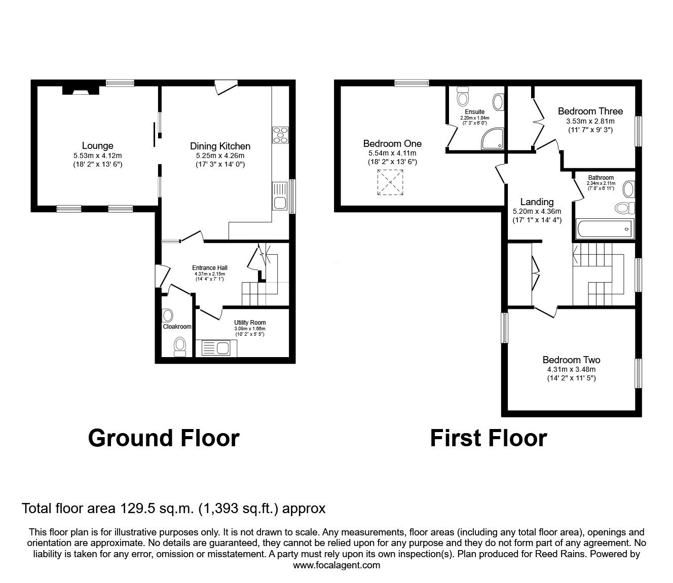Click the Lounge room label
click(x=97, y=146)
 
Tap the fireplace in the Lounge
click(x=80, y=90)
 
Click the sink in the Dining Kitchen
click(x=280, y=197)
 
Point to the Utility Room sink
click(x=216, y=348)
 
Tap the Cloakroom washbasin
click(x=168, y=315)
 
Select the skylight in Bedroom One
click(x=391, y=183)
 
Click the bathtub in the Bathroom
click(x=605, y=229)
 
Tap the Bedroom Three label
click(x=590, y=111)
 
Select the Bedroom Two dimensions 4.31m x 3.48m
click(x=571, y=369)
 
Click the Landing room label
click(x=537, y=202)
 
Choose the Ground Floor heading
click(x=163, y=438)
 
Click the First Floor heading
click(x=488, y=438)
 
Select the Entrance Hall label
click(x=209, y=268)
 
